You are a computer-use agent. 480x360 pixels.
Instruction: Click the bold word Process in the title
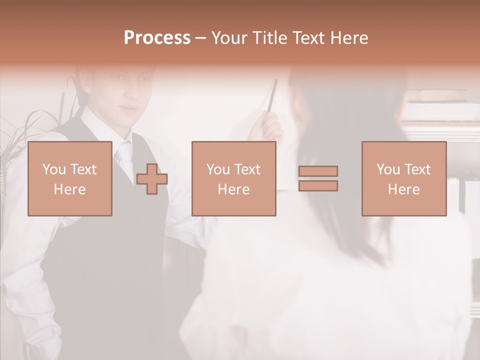click(157, 38)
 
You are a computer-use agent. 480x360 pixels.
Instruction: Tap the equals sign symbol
click(318, 178)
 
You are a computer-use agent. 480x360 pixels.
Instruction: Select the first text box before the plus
click(70, 179)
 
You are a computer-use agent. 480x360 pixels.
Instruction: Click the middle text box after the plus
click(233, 179)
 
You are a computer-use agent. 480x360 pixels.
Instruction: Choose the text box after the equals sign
click(403, 179)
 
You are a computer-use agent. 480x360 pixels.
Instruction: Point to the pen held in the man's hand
click(272, 97)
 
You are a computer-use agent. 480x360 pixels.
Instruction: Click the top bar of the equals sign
click(318, 171)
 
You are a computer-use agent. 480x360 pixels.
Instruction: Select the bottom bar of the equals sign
click(318, 186)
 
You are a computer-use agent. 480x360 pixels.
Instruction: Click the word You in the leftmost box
click(54, 169)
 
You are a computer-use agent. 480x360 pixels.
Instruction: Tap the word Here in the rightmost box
click(403, 189)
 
